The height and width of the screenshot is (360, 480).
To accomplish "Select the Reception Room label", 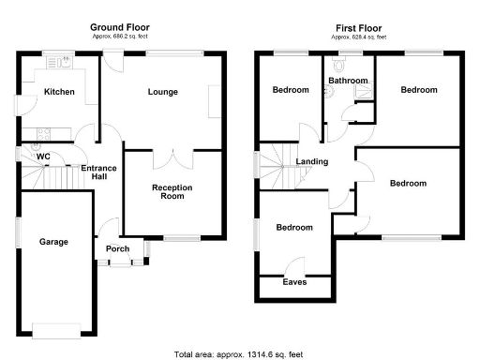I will [172, 192].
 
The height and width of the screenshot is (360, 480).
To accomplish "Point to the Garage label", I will [53, 242].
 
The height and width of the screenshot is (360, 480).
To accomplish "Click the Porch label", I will [119, 248].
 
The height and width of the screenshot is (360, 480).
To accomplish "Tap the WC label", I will [43, 157].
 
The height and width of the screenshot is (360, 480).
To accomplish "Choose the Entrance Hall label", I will [98, 174].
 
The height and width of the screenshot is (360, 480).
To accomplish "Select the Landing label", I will [312, 161].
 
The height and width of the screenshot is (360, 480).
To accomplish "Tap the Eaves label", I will [295, 281].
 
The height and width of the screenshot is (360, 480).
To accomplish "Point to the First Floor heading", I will [358, 28].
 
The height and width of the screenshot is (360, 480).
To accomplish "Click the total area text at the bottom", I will [239, 354].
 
